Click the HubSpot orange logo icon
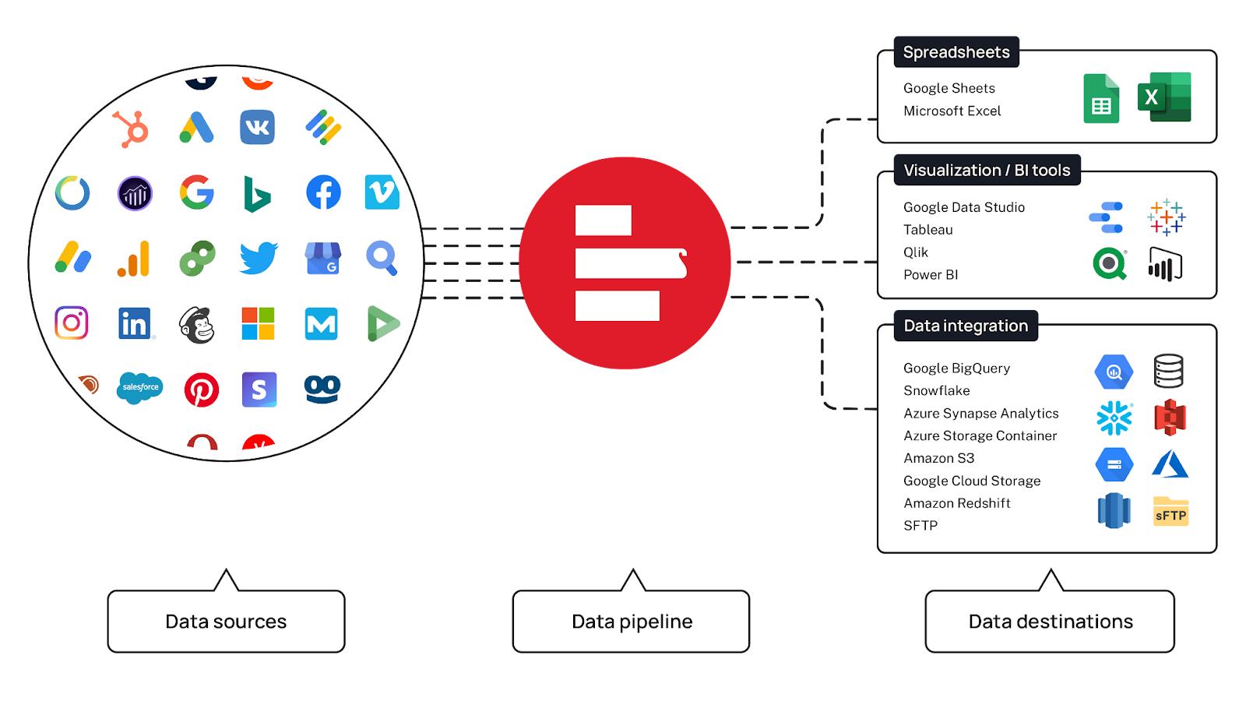(131, 129)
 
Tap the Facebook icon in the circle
(323, 192)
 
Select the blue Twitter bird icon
(259, 258)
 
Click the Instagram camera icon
(72, 323)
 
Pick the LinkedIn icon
(135, 323)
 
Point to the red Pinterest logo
(201, 390)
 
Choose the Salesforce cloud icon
(140, 387)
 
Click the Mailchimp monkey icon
(196, 324)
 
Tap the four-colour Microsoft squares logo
(258, 323)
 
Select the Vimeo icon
(382, 192)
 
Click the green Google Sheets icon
(1101, 99)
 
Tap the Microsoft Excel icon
(1164, 97)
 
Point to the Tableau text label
(927, 230)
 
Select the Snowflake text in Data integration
(936, 390)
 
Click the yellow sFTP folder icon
(1170, 512)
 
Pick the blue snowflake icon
(1114, 418)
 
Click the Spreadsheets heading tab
(956, 52)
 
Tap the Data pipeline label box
(631, 621)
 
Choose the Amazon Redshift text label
(956, 503)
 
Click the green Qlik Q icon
(1110, 264)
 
